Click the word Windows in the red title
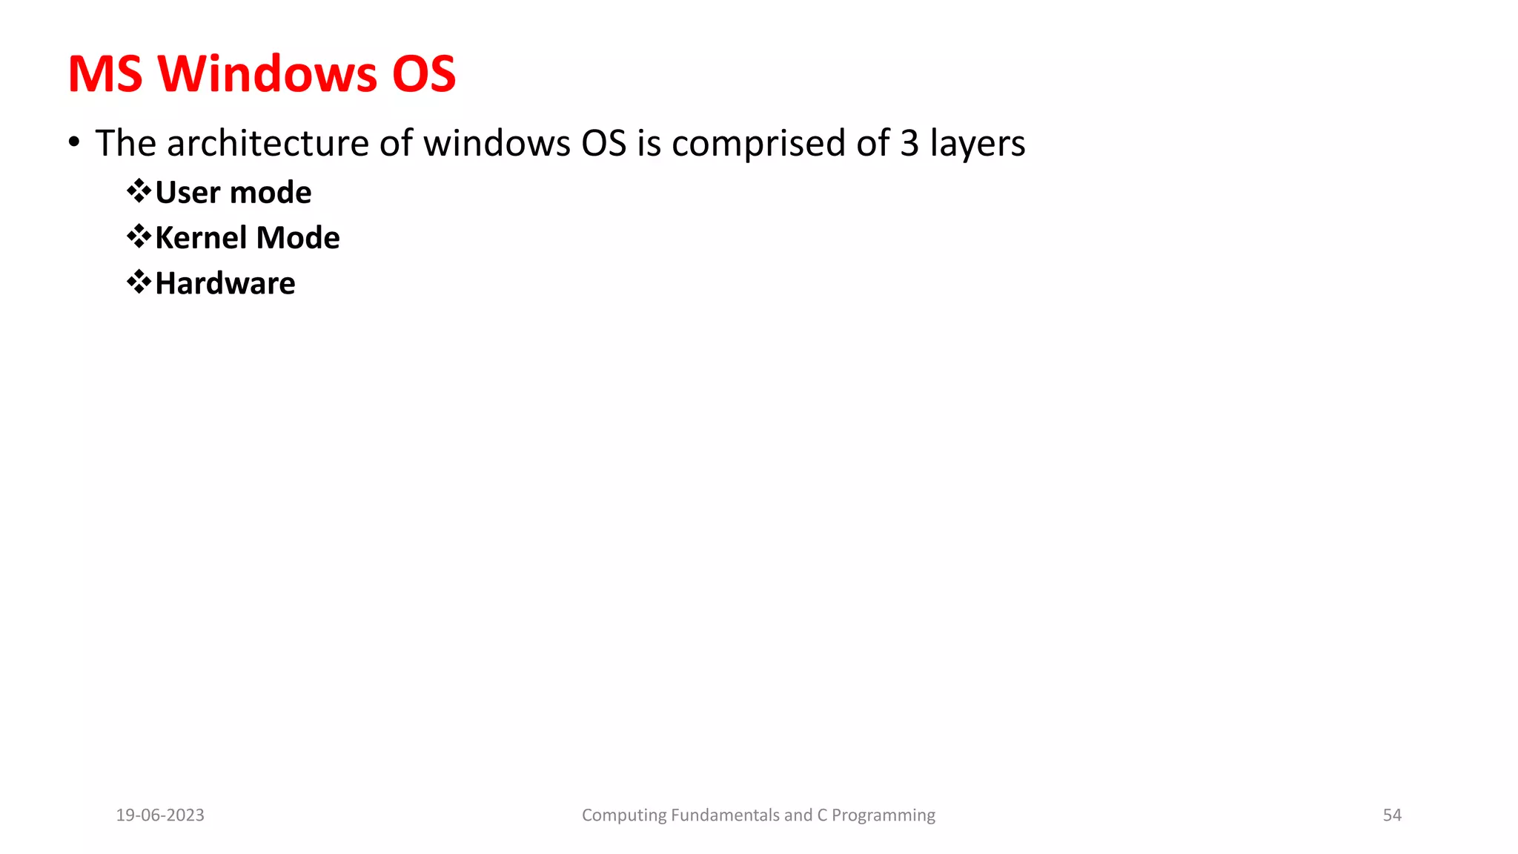(268, 74)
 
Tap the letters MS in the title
(105, 74)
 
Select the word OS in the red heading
(423, 74)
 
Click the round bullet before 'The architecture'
(73, 141)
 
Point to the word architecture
(268, 143)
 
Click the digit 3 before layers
(909, 143)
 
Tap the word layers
(978, 145)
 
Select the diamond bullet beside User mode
(139, 191)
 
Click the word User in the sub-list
(188, 193)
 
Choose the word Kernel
(201, 238)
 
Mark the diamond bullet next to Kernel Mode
(139, 236)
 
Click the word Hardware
(225, 283)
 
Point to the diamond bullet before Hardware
(139, 282)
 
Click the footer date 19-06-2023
(160, 815)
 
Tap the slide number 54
(1392, 815)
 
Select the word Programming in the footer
(883, 816)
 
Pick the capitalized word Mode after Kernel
(298, 238)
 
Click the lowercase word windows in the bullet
(497, 143)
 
